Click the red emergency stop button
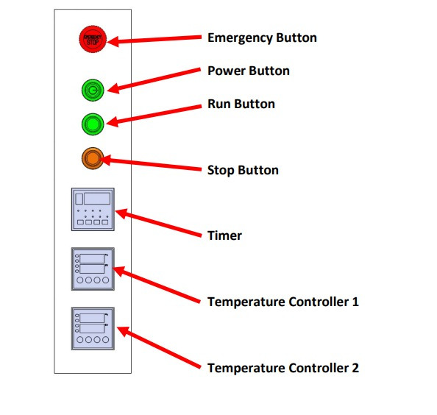(x=93, y=39)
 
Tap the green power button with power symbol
(x=93, y=90)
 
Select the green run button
(x=93, y=124)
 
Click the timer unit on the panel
(x=93, y=209)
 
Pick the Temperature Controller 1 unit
(x=93, y=269)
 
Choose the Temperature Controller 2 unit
(x=93, y=329)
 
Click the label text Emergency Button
(x=262, y=38)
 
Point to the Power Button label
(x=249, y=71)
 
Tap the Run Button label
(x=241, y=104)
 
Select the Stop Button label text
(x=243, y=170)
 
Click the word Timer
(x=224, y=235)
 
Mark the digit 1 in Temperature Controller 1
(x=355, y=302)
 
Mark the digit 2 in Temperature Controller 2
(x=355, y=368)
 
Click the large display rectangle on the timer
(x=97, y=199)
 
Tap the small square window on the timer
(x=79, y=199)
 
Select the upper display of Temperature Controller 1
(x=92, y=259)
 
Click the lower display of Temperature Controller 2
(x=92, y=328)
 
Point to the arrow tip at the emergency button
(x=107, y=42)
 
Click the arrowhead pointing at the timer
(x=116, y=211)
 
